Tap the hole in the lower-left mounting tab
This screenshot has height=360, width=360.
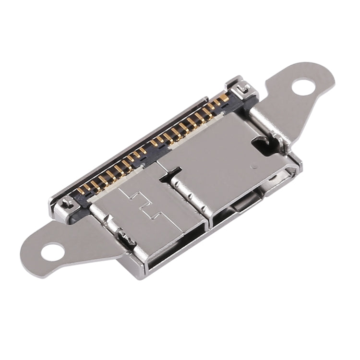53,250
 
